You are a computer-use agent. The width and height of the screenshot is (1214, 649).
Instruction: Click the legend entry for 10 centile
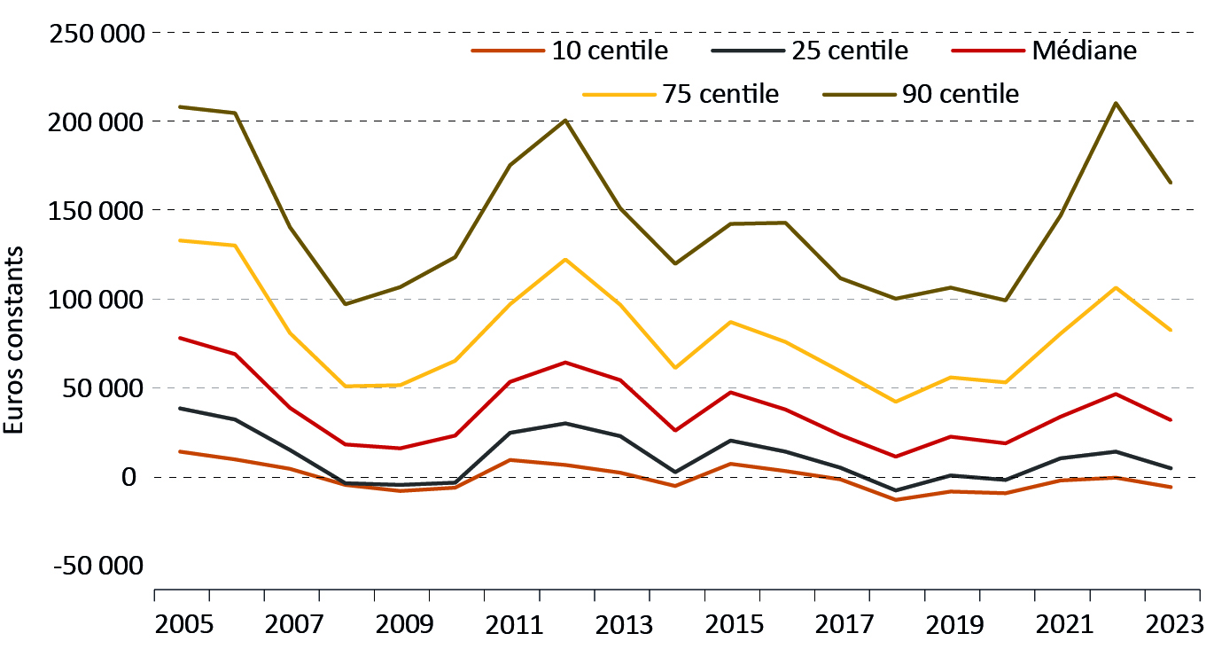(x=610, y=51)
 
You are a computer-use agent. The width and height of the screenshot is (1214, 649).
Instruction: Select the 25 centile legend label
(x=849, y=51)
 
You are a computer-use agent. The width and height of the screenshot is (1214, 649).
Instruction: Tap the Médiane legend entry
(x=1084, y=51)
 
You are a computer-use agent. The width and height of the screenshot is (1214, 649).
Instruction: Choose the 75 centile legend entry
(x=720, y=94)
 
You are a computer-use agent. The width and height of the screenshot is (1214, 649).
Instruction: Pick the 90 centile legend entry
(x=960, y=94)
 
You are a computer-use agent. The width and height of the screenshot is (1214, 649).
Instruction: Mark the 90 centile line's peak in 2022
(x=1115, y=103)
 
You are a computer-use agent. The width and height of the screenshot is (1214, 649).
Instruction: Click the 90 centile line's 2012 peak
(x=565, y=120)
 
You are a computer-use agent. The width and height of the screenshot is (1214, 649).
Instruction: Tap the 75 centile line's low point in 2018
(x=895, y=402)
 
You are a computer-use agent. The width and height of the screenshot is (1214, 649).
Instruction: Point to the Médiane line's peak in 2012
(x=565, y=362)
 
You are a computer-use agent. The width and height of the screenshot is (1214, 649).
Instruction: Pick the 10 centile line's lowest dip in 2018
(x=895, y=500)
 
